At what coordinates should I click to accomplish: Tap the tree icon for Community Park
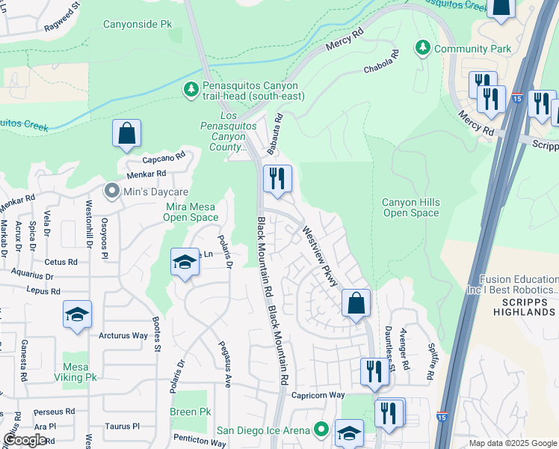click(x=423, y=49)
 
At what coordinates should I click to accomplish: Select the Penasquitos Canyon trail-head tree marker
click(x=191, y=89)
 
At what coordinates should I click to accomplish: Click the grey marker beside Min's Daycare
click(x=112, y=192)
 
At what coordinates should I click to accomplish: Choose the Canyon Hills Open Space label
click(x=410, y=207)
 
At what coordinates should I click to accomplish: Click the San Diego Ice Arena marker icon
click(x=322, y=430)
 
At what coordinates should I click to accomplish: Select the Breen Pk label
click(x=191, y=412)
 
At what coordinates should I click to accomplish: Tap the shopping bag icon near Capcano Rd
click(x=127, y=134)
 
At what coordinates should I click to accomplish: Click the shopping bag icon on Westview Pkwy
click(x=356, y=304)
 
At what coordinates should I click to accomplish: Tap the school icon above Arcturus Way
click(x=77, y=315)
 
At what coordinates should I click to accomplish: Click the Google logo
click(x=25, y=440)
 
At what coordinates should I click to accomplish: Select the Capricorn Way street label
click(x=318, y=394)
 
